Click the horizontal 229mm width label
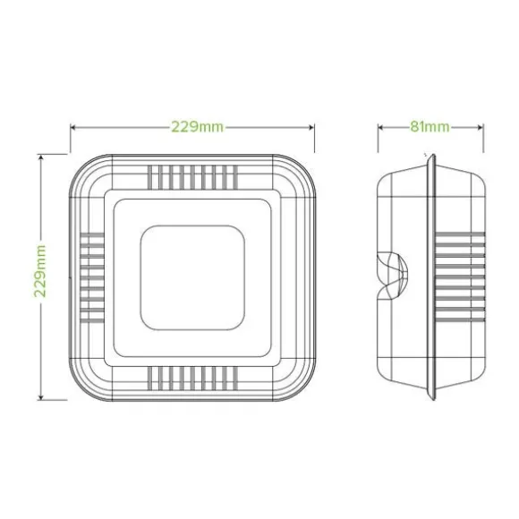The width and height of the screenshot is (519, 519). pyautogui.click(x=197, y=127)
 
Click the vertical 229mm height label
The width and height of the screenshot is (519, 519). pyautogui.click(x=39, y=271)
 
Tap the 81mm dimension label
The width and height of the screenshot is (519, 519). pyautogui.click(x=430, y=127)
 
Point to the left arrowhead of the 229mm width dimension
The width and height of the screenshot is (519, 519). pyautogui.click(x=74, y=127)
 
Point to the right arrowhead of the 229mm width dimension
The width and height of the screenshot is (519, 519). pyautogui.click(x=311, y=127)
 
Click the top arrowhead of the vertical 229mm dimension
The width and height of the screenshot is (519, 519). pyautogui.click(x=40, y=158)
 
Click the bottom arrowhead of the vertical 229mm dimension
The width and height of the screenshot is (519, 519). pyautogui.click(x=40, y=396)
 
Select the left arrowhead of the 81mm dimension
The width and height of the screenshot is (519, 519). pyautogui.click(x=381, y=127)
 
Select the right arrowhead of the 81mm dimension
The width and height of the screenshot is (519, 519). pyautogui.click(x=480, y=127)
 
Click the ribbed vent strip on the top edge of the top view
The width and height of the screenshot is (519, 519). pyautogui.click(x=192, y=177)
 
